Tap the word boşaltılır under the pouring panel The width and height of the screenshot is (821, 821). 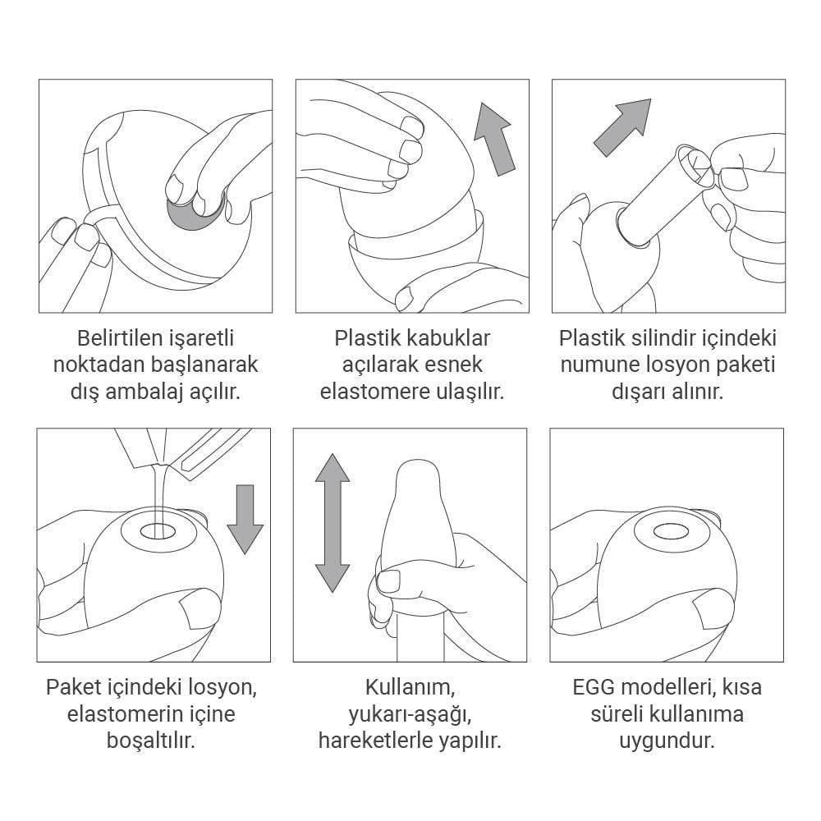(151, 741)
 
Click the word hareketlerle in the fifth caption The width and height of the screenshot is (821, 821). (368, 741)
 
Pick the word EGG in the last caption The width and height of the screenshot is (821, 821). (594, 687)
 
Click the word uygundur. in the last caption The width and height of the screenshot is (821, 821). (667, 741)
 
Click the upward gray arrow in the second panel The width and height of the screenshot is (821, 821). (495, 140)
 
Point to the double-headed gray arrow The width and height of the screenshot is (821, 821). (333, 523)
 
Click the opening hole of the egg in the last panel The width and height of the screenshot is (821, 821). (672, 532)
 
